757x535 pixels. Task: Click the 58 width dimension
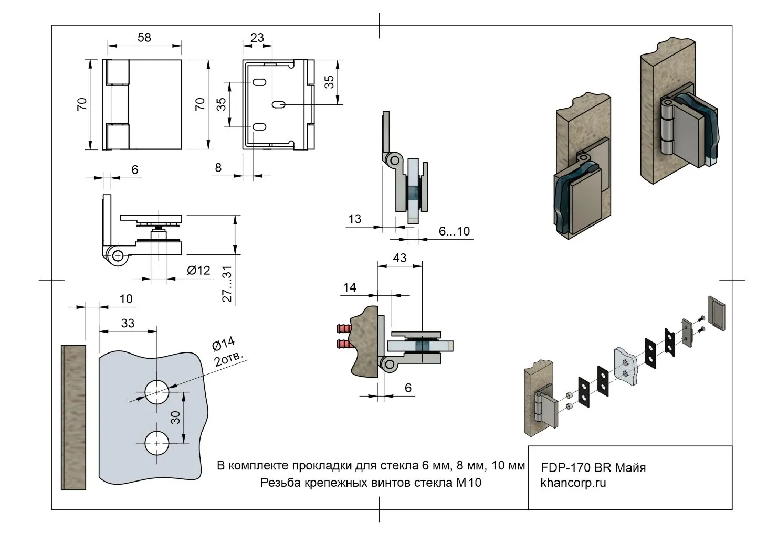click(x=144, y=37)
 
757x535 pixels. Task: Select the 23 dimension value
click(x=257, y=37)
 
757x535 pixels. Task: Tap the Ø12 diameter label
click(x=198, y=270)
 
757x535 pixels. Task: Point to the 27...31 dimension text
click(x=227, y=284)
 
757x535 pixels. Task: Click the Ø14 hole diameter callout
click(x=223, y=345)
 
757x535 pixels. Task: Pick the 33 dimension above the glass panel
click(x=128, y=323)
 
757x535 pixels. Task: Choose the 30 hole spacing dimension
click(x=175, y=418)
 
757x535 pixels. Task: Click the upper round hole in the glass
click(x=157, y=392)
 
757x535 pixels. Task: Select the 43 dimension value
click(x=399, y=258)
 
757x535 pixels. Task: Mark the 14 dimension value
click(x=350, y=287)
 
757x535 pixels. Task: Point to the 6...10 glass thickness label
click(x=454, y=231)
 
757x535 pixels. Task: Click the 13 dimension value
click(x=355, y=219)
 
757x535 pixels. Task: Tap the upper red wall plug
click(x=343, y=329)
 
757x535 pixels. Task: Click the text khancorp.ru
click(x=573, y=483)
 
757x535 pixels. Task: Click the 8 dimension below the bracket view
click(x=218, y=167)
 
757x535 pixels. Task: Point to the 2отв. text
click(x=230, y=360)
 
